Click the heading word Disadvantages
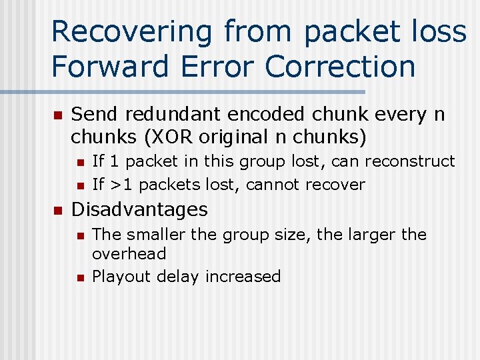coord(139,209)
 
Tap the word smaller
coord(158,235)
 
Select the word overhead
coord(129,254)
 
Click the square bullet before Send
coord(57,115)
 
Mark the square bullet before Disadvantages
coord(57,211)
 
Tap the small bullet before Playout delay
coord(80,277)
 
